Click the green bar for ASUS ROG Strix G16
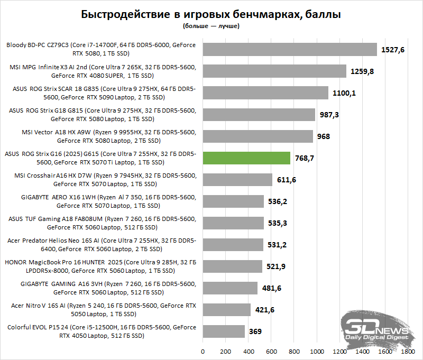pyautogui.click(x=246, y=158)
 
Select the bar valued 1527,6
pyautogui.click(x=290, y=50)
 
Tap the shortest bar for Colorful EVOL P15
pyautogui.click(x=224, y=331)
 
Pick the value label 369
pyautogui.click(x=256, y=331)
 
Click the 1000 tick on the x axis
pyautogui.click(x=317, y=350)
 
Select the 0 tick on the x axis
pyautogui.click(x=203, y=350)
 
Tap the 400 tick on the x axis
pyautogui.click(x=249, y=350)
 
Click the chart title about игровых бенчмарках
pyautogui.click(x=211, y=14)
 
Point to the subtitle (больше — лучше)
pyautogui.click(x=211, y=25)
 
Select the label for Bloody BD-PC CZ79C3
pyautogui.click(x=101, y=50)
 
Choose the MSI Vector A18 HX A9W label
pyautogui.click(x=101, y=136)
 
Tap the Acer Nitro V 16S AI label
pyautogui.click(x=101, y=310)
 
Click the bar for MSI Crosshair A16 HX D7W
pyautogui.click(x=237, y=180)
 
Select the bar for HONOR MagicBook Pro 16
pyautogui.click(x=232, y=266)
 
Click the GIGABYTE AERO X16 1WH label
pyautogui.click(x=101, y=201)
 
